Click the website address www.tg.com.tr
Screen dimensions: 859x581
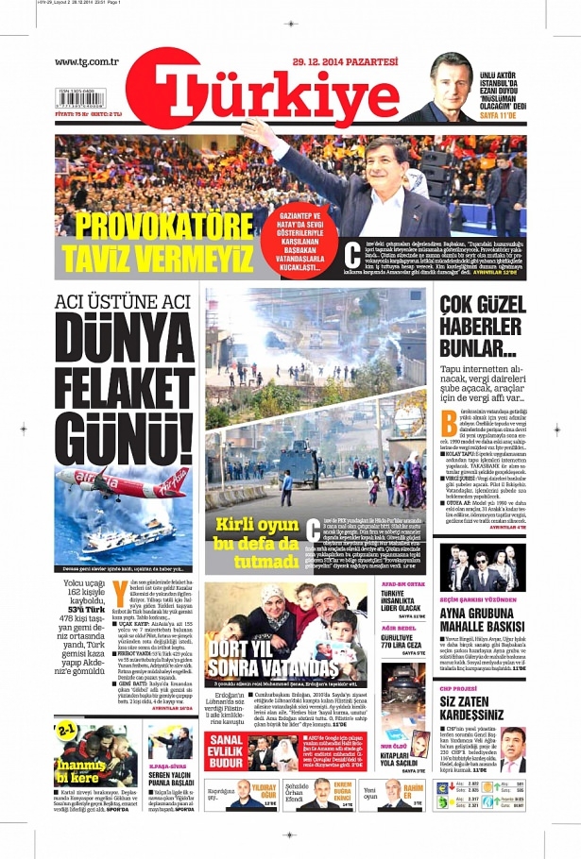coord(86,62)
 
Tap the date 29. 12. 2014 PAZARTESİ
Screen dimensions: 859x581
coord(320,60)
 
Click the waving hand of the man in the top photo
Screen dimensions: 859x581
coord(256,132)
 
